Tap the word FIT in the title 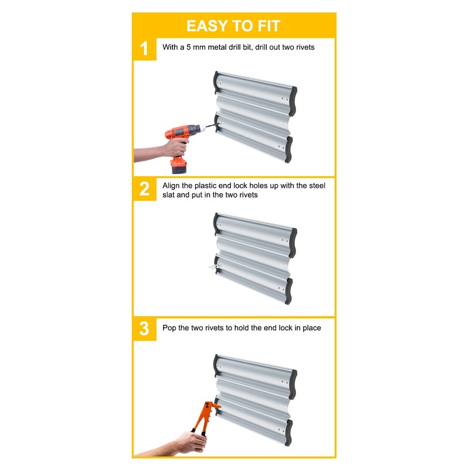point(269,26)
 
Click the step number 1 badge point(144,49)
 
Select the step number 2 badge point(144,189)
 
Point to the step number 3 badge point(144,329)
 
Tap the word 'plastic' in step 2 point(205,186)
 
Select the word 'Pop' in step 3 point(169,328)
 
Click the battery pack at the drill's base point(179,165)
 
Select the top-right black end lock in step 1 point(293,101)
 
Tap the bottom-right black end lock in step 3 point(288,433)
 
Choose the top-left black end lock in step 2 point(216,225)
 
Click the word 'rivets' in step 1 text point(305,47)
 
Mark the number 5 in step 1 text point(188,47)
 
